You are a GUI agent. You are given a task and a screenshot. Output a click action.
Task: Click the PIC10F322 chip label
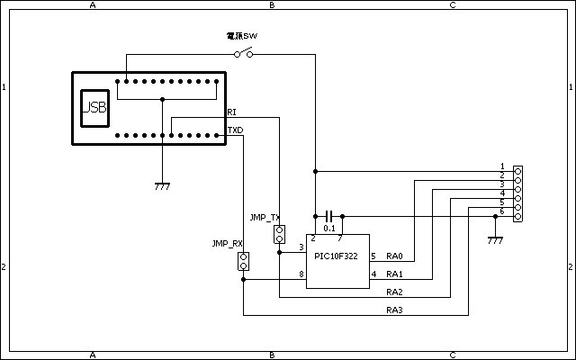coord(336,256)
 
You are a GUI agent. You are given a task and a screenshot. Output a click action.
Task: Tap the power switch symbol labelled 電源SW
coord(244,54)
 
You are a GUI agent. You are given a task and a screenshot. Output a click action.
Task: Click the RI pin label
coord(232,112)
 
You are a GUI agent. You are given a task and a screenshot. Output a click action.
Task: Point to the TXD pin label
coord(235,130)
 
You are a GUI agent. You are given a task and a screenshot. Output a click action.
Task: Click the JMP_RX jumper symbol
coord(243,262)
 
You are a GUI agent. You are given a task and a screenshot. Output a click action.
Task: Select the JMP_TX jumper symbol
coord(279,235)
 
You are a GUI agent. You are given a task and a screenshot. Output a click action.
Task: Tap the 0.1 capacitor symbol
coord(329,216)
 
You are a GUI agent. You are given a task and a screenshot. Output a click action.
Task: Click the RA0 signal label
coord(394,256)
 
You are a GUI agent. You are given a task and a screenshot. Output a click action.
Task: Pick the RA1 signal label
coord(394,274)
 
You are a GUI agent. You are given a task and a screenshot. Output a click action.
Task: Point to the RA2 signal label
coord(394,292)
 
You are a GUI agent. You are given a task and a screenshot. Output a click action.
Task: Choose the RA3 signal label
coord(394,310)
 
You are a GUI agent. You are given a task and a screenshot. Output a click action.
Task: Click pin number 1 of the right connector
coord(502,166)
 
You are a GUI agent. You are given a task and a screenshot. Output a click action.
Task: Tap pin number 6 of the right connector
coord(502,211)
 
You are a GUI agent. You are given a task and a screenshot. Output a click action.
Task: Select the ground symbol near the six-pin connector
coord(494,240)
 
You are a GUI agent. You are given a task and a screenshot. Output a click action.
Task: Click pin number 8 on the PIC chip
coord(301,274)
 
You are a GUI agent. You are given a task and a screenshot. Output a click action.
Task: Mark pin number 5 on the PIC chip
coord(373,256)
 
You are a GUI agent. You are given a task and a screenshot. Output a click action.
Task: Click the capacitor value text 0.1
coord(329,229)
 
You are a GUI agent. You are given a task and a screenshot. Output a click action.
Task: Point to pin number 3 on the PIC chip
coord(301,247)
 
